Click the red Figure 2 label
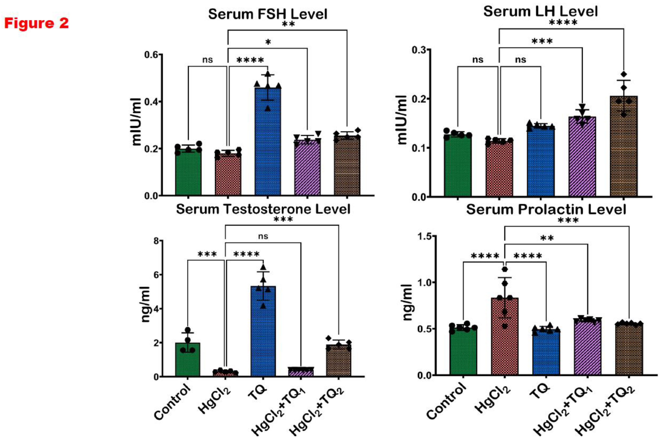tap(36, 23)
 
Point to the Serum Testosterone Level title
tap(263, 209)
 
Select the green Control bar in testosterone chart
tap(187, 360)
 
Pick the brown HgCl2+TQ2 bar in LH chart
tap(623, 147)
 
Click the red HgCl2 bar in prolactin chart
tap(505, 337)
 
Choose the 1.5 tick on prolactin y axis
tap(425, 236)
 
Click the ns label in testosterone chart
tap(263, 236)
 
